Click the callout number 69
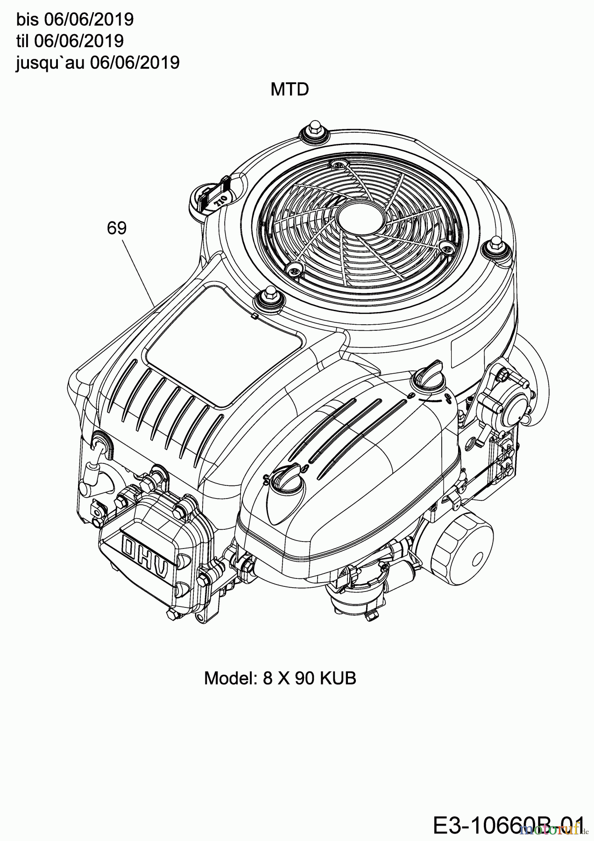[116, 228]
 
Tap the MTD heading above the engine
[290, 89]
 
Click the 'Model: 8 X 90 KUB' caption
[280, 678]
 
